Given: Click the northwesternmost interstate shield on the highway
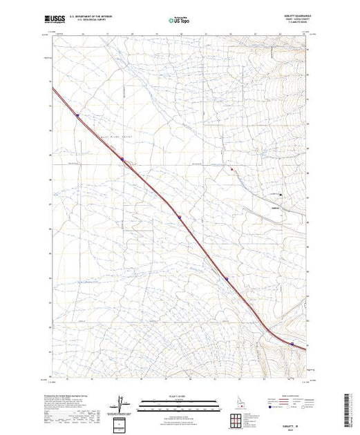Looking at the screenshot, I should point(77,115).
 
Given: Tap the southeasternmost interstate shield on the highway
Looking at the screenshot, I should point(292,343).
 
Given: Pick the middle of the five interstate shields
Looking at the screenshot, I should point(179,217).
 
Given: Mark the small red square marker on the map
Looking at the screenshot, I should point(232,168).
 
